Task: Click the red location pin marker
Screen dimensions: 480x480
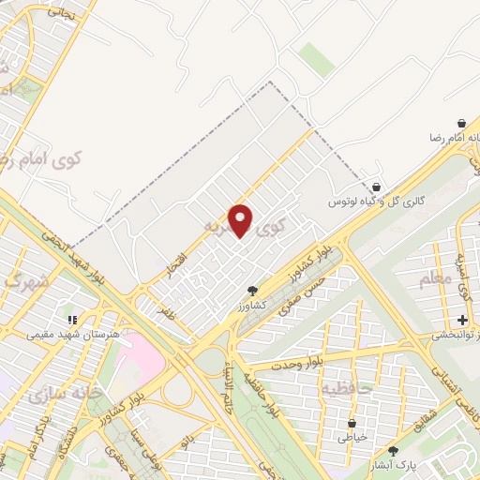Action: pos(242,220)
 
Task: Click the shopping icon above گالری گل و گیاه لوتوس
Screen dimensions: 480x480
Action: pos(377,187)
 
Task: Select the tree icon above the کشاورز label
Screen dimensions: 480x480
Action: pos(251,291)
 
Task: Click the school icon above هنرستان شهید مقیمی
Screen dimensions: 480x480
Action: pos(71,320)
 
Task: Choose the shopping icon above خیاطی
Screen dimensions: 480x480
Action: pos(352,423)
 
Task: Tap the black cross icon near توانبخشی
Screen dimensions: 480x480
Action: pos(462,321)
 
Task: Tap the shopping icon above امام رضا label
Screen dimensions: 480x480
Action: pos(461,123)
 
